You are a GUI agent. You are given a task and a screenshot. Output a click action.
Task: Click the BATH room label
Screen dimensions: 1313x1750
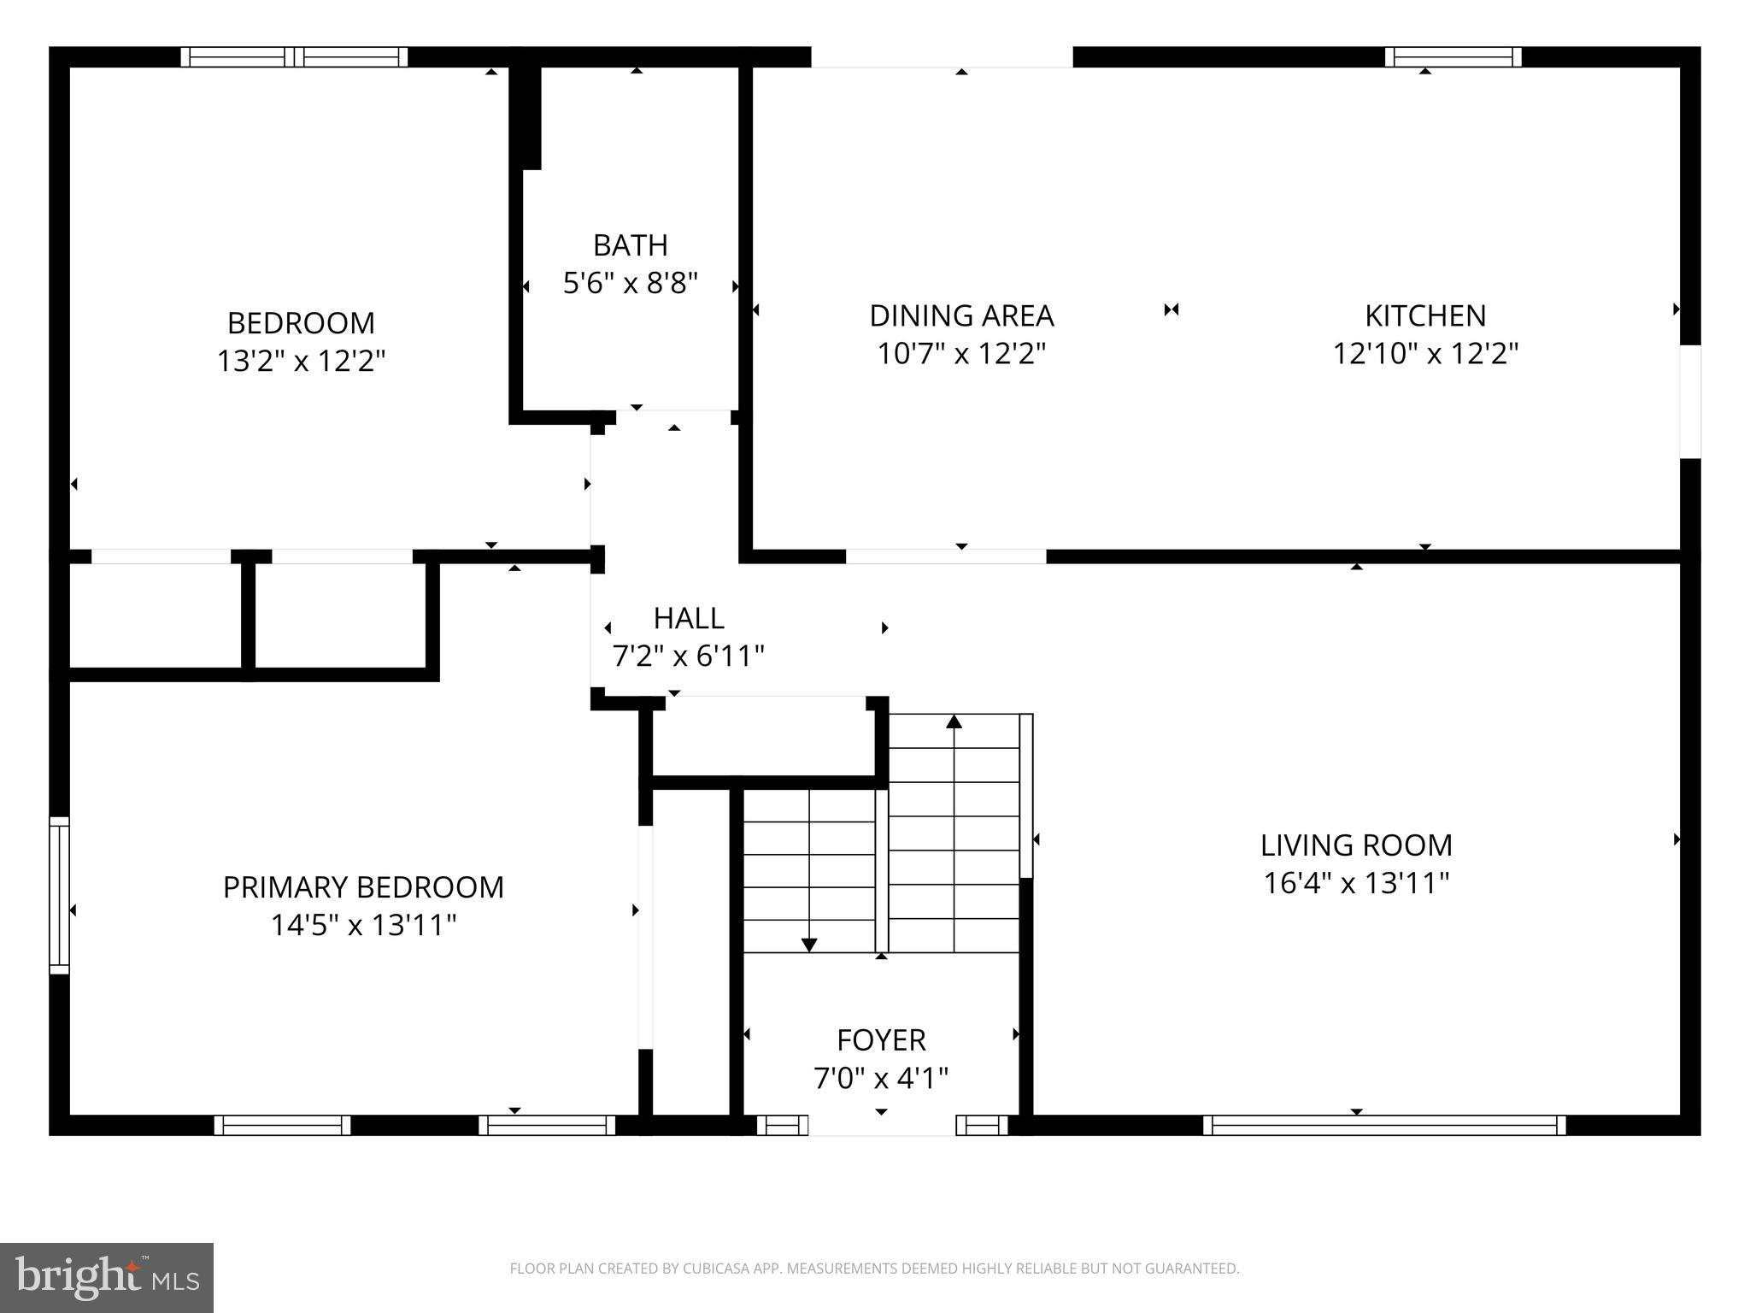(x=630, y=245)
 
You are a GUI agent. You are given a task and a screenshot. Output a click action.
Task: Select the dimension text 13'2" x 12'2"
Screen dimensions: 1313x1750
(x=301, y=362)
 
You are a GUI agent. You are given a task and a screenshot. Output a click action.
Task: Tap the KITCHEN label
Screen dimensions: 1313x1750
(x=1425, y=315)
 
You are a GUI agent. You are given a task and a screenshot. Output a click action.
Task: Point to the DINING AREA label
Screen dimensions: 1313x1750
(x=961, y=315)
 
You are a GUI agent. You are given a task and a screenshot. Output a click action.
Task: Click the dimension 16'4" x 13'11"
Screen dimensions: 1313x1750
(x=1356, y=883)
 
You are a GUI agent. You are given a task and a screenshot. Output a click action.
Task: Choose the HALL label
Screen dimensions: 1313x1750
(x=689, y=618)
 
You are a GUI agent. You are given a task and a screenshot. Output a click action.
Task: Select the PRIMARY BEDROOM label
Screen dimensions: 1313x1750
(x=363, y=887)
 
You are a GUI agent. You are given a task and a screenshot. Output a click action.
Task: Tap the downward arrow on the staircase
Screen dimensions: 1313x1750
(x=808, y=944)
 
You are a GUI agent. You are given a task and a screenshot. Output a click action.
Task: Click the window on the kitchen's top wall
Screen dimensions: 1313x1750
(x=1453, y=57)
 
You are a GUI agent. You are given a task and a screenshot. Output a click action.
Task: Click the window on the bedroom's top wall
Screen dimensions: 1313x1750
(x=294, y=57)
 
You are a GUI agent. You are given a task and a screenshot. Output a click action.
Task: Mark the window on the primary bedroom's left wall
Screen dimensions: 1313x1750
(x=59, y=895)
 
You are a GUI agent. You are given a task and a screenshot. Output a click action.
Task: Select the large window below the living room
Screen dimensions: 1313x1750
(x=1384, y=1125)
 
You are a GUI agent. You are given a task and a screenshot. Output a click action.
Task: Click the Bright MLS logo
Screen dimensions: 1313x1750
(x=107, y=1277)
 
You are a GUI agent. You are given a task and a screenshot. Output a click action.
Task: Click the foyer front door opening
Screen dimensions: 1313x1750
(x=881, y=1125)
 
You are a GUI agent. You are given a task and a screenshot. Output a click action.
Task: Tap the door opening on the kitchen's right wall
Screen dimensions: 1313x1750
(x=1690, y=401)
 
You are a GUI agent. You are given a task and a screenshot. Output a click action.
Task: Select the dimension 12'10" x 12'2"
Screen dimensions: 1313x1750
(x=1425, y=353)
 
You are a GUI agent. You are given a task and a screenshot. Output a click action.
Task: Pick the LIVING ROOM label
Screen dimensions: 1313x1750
(x=1356, y=845)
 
